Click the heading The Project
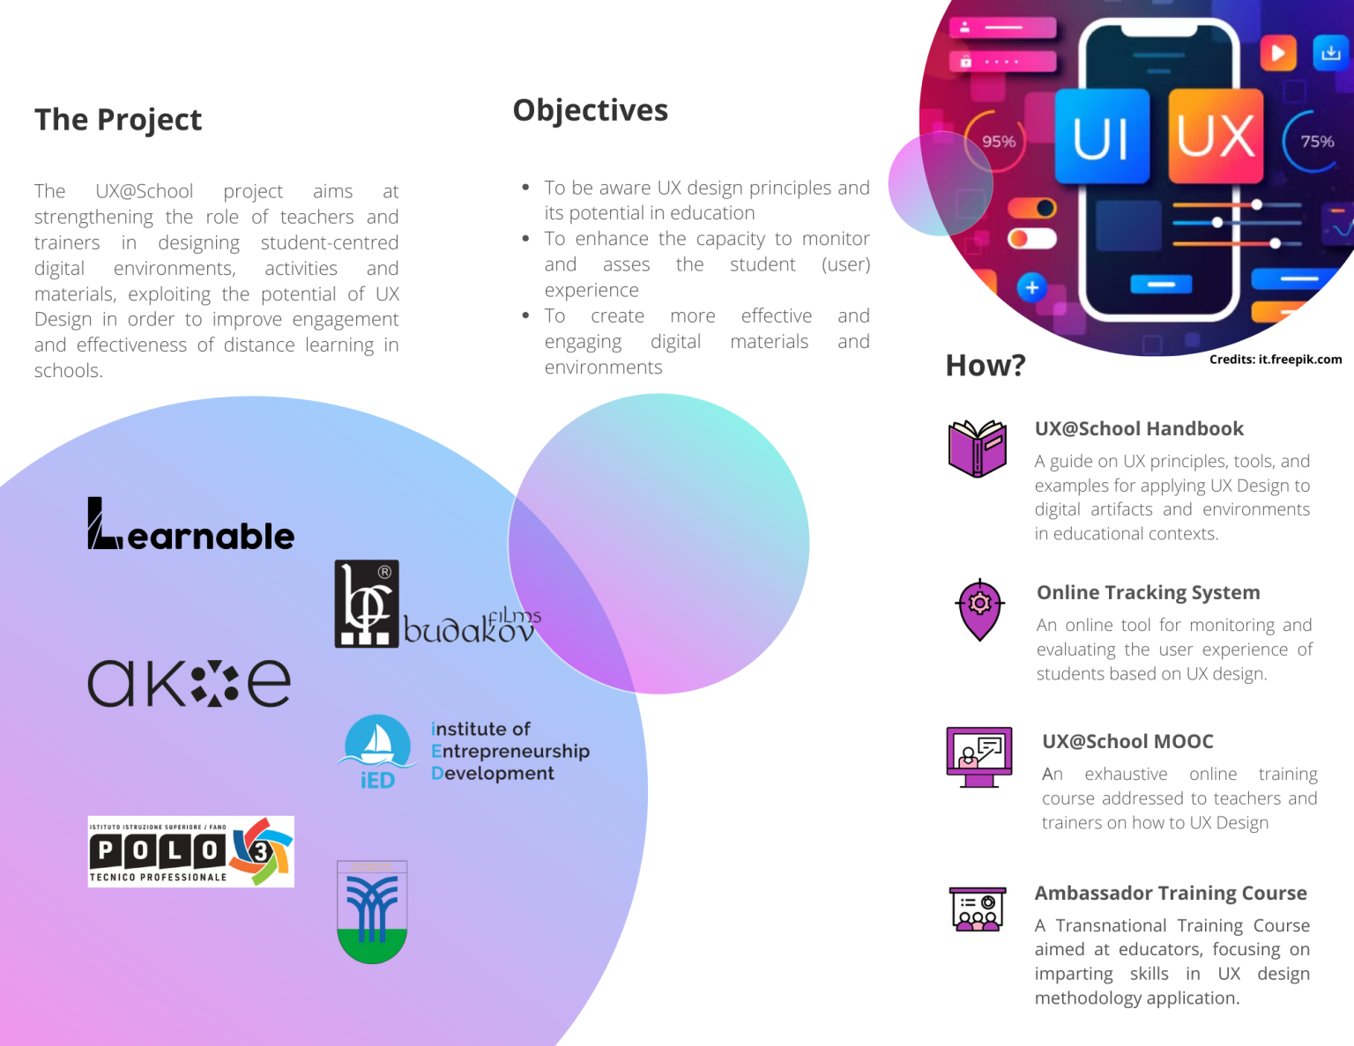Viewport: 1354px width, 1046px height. [118, 120]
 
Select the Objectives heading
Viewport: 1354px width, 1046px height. [590, 111]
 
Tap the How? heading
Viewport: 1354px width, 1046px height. [985, 365]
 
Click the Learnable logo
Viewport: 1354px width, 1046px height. [190, 525]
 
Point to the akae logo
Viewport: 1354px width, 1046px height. [189, 684]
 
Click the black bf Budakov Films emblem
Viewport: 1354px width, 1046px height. [367, 604]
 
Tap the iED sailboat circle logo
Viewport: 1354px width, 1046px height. [377, 750]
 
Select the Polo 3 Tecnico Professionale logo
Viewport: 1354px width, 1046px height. [190, 851]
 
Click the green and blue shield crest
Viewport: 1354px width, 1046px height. [372, 912]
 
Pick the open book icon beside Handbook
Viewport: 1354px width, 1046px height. [977, 449]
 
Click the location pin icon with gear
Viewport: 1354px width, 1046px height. [979, 609]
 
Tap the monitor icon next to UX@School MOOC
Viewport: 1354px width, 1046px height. [978, 757]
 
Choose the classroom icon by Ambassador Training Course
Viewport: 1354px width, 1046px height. [978, 909]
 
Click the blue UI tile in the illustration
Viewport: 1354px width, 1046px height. [1102, 137]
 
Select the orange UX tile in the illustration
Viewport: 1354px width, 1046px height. [1216, 137]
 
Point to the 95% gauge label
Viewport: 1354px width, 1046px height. [999, 142]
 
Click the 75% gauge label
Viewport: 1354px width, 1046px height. [1317, 142]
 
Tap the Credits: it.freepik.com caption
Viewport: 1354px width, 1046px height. [1275, 360]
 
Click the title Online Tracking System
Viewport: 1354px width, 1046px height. [1148, 593]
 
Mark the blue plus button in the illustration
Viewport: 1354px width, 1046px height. [1032, 287]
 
